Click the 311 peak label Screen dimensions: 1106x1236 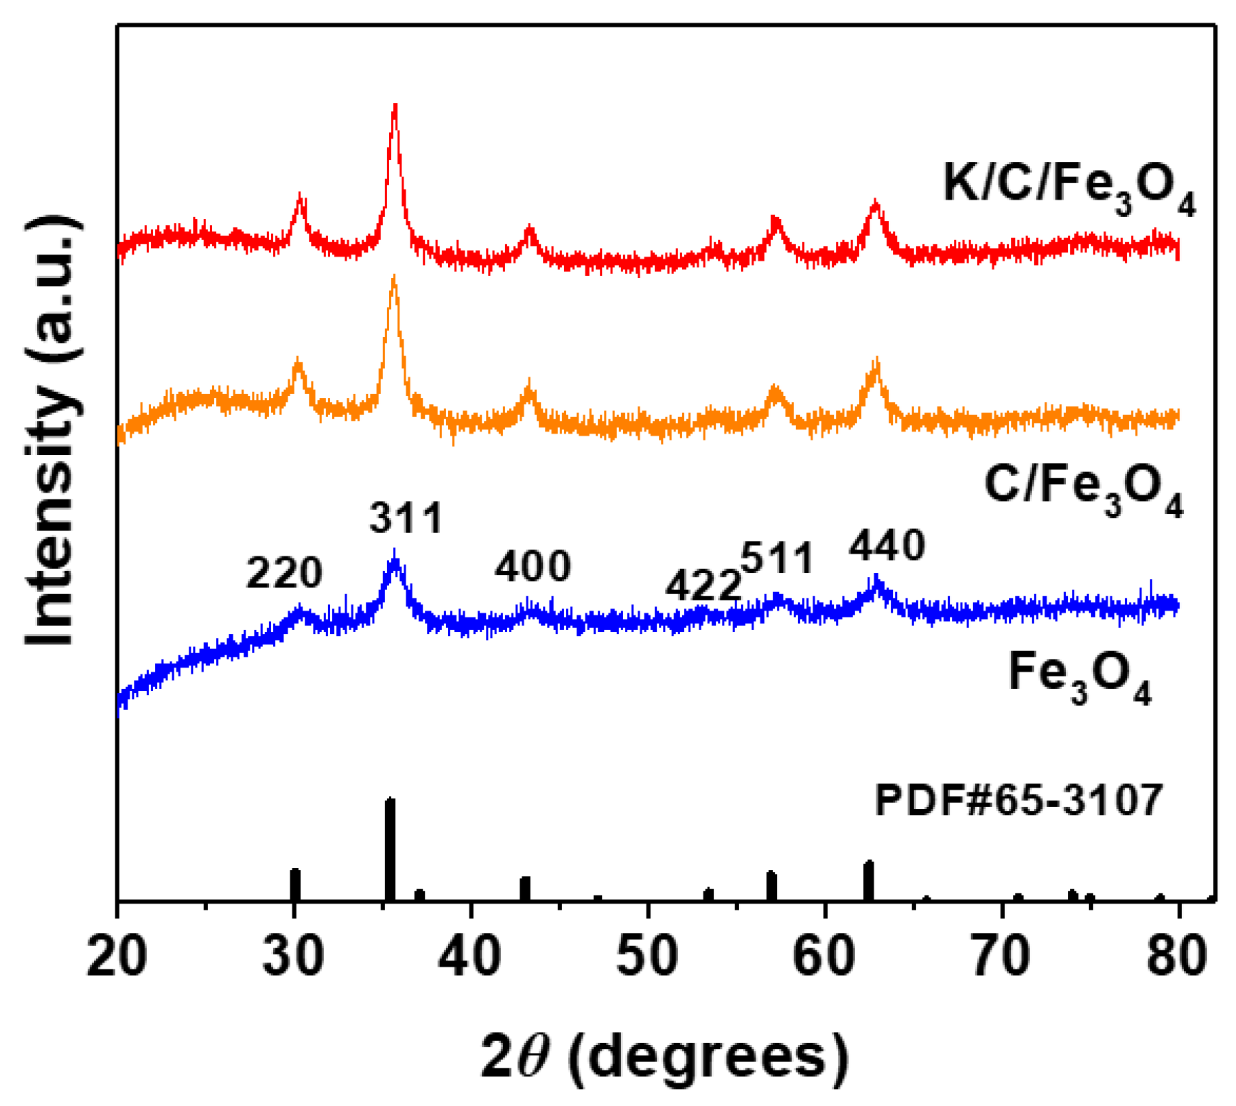(x=406, y=518)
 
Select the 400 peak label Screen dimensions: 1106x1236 (x=533, y=567)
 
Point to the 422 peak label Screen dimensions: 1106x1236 (x=703, y=586)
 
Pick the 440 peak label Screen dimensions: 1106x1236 (x=887, y=546)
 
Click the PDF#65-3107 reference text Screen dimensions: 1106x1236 (x=1018, y=800)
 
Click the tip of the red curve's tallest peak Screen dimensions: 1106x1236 (x=395, y=106)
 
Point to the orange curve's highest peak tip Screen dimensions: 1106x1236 (x=393, y=278)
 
